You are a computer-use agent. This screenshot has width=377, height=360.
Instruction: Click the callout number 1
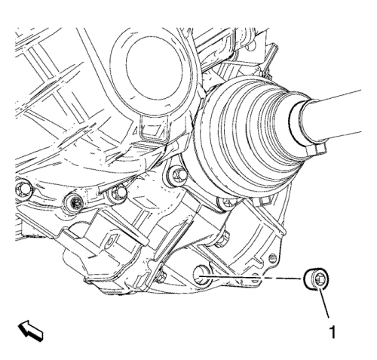pos(333,332)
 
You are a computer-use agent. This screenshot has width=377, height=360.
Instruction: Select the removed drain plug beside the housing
pos(317,280)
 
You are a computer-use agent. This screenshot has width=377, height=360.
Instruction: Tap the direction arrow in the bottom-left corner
pos(30,331)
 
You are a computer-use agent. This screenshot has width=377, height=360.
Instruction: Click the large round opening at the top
pos(154,70)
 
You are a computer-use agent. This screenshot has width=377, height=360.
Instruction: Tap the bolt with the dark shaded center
pos(74,202)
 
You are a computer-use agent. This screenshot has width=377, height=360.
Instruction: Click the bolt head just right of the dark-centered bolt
pos(118,194)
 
